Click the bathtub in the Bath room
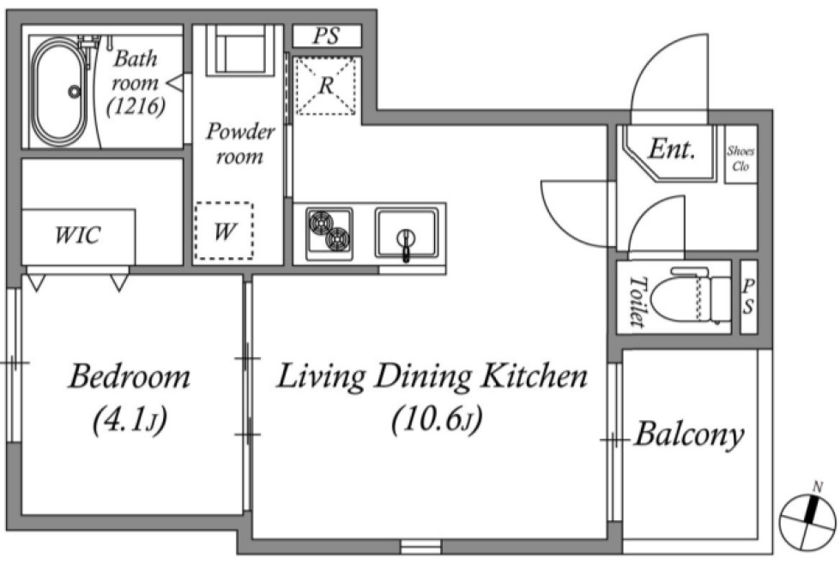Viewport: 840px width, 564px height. pos(59,92)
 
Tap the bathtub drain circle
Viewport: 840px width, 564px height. pos(75,92)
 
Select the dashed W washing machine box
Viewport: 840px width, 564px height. pos(224,231)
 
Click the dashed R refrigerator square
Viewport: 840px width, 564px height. pos(326,86)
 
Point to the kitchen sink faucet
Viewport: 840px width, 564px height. pos(407,244)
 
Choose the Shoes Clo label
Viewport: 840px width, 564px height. pos(740,159)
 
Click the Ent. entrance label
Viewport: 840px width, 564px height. pos(672,149)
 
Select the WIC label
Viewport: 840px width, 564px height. pos(78,234)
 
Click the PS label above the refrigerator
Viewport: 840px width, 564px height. pos(326,36)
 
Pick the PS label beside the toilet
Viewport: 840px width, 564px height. pos(748,297)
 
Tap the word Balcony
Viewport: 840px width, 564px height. pos(690,435)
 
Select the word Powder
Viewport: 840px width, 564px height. pos(240,132)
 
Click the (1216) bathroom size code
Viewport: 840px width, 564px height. pos(136,106)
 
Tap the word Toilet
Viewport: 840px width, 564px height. pos(636,301)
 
